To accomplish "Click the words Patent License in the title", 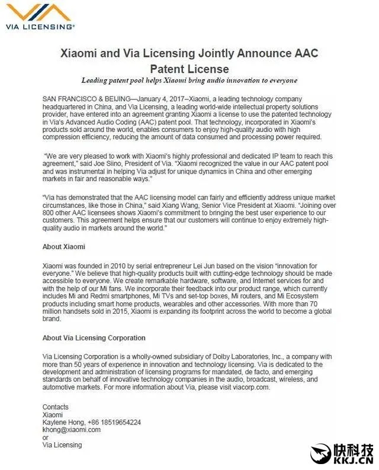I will coord(189,68).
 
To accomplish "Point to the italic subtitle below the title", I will coord(189,80).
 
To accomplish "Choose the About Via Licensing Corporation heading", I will coord(94,338).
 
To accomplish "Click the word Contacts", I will coord(56,407).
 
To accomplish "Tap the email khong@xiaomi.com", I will coord(72,430).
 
